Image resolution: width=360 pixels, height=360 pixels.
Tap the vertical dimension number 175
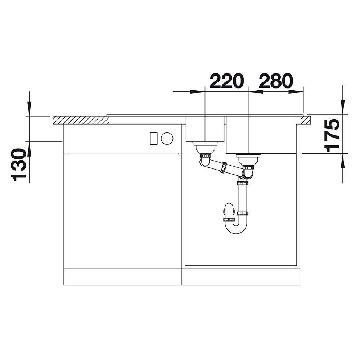pos(332,136)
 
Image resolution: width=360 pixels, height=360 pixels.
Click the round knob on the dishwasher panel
pos(167,139)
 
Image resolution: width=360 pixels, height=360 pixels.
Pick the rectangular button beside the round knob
pos(154,139)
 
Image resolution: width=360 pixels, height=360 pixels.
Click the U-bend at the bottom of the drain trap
pos(236,228)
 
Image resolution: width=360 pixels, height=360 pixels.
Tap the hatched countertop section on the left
pos(81,120)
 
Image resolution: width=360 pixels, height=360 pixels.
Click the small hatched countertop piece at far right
pos(306,120)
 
